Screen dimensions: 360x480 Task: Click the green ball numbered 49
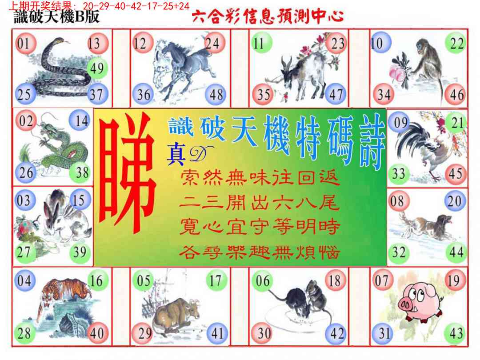point(96,68)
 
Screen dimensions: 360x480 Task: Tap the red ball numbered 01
point(24,44)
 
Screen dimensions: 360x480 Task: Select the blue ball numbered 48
point(216,95)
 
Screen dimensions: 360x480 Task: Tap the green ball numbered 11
point(259,44)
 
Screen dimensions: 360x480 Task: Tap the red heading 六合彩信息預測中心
point(268,17)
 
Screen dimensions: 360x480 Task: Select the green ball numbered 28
point(24,333)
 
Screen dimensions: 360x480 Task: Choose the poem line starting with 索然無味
point(260,179)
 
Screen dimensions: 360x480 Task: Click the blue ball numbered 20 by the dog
point(454,201)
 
